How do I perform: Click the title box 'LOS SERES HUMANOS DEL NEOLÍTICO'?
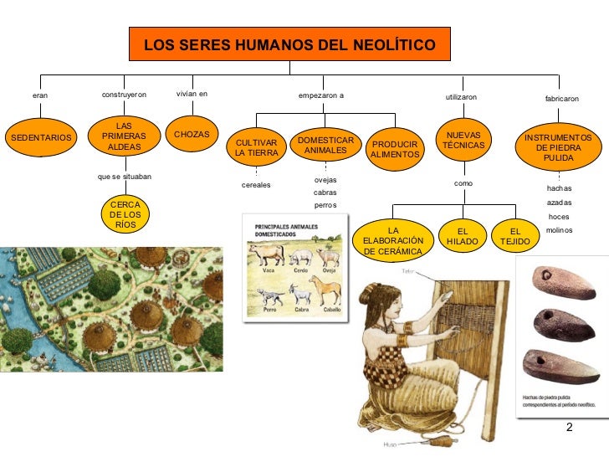point(289,44)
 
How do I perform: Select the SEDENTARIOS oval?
point(39,136)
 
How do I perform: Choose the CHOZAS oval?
point(192,135)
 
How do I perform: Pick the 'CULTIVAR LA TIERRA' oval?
point(256,148)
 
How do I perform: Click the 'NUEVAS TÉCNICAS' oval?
point(463,140)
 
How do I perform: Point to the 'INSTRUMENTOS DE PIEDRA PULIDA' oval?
point(558,147)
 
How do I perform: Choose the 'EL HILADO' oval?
point(462,235)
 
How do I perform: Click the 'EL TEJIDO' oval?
point(515,235)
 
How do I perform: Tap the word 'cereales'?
point(256,185)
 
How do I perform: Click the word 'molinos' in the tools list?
point(559,229)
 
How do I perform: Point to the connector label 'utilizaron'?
point(461,98)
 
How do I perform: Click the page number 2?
point(570,429)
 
